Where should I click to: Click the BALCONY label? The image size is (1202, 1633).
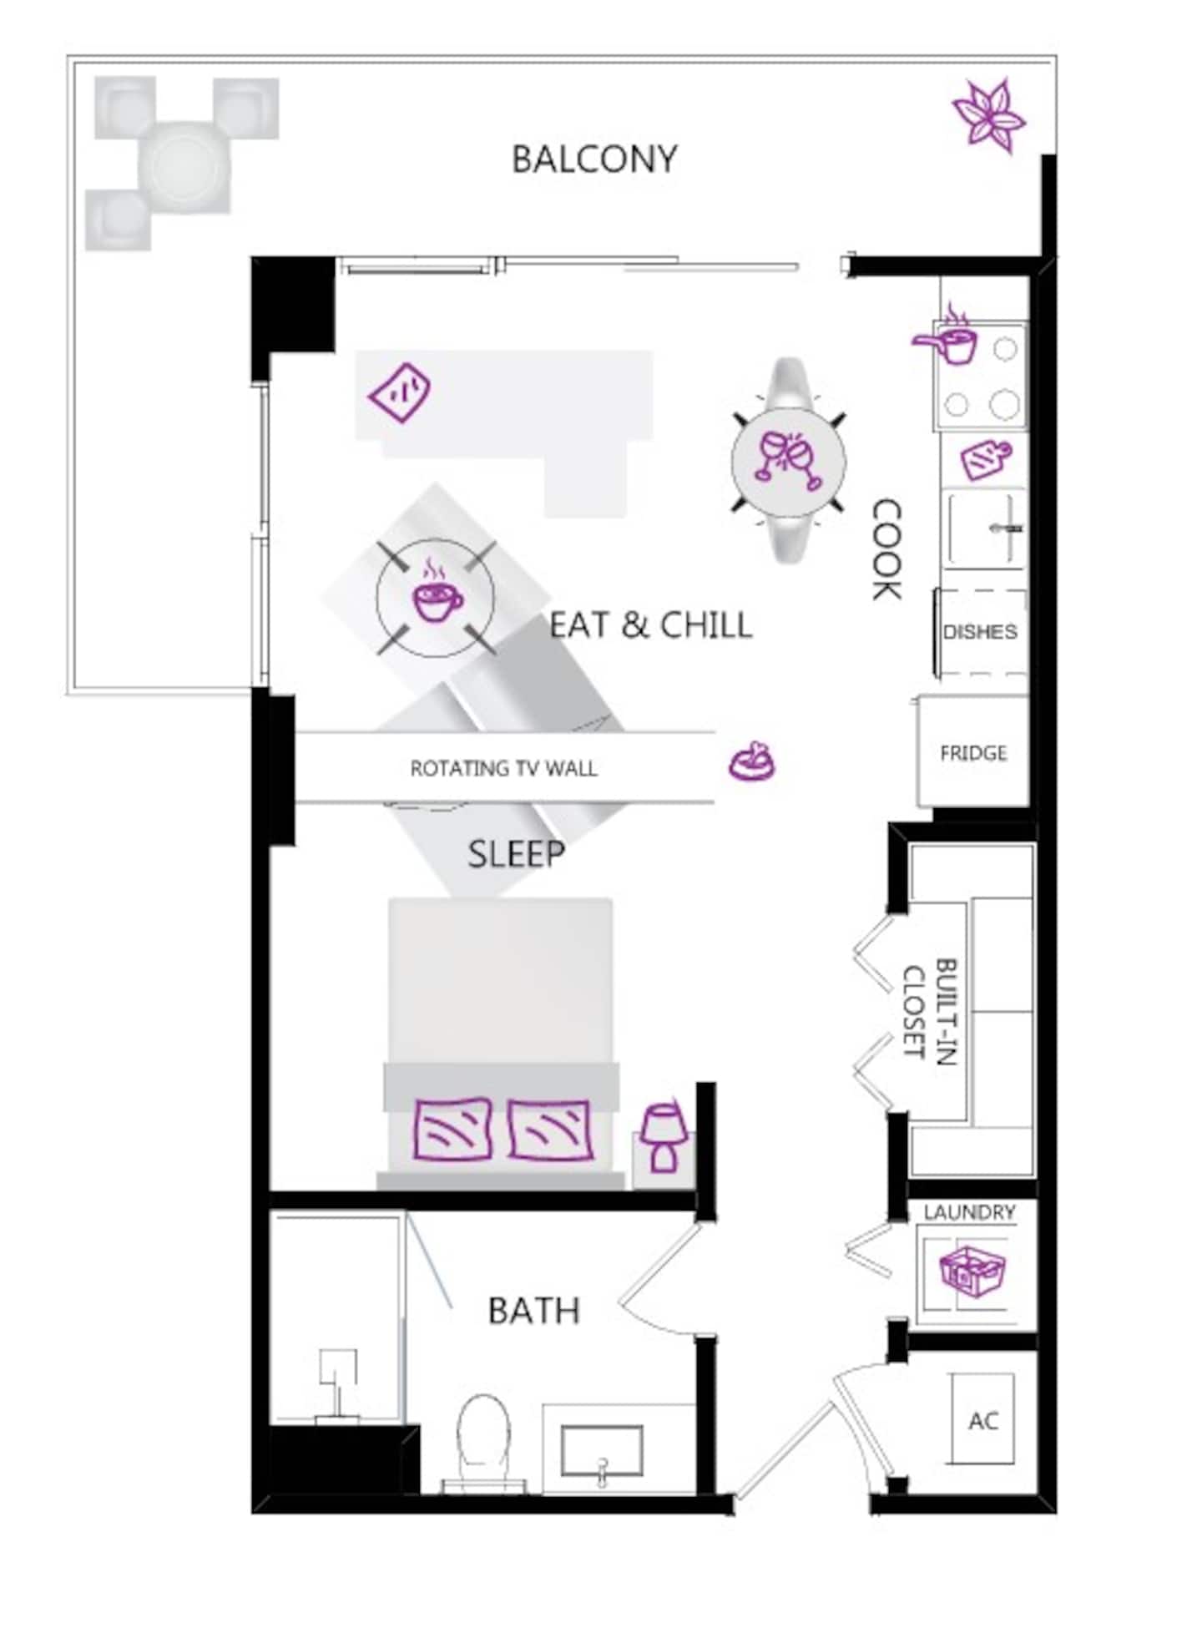pos(593,159)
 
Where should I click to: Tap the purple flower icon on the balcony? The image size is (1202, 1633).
pos(988,115)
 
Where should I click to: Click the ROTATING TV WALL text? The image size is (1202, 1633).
pos(503,768)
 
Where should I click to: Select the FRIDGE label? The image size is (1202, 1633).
pos(973,753)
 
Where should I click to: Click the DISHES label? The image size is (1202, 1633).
pos(980,631)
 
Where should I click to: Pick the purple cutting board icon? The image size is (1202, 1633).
pos(986,460)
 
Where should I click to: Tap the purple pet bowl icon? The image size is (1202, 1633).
pos(752,761)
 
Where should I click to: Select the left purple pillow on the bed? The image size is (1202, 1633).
pos(452,1130)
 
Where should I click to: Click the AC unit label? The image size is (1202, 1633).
pos(983,1420)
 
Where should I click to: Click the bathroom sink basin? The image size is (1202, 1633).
pos(602,1451)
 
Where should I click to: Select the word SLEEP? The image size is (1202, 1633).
pos(516,854)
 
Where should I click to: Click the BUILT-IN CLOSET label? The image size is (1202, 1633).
pos(930,1012)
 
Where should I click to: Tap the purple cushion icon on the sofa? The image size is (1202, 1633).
pos(400,392)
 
